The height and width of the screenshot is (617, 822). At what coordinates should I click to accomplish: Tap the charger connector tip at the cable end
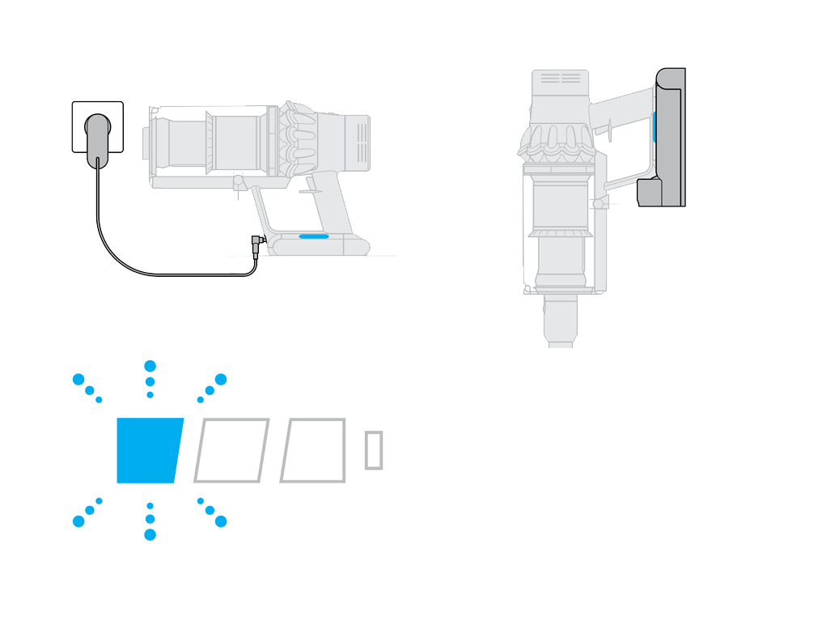click(x=256, y=241)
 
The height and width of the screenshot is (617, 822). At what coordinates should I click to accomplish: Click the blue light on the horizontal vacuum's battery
click(x=313, y=237)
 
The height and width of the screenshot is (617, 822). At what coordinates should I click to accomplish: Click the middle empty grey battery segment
click(x=231, y=451)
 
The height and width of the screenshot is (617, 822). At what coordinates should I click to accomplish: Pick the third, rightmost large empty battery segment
click(x=314, y=451)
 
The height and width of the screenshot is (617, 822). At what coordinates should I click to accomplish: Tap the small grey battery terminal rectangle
click(x=373, y=450)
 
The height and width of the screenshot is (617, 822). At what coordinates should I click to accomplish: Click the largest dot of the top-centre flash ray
click(x=150, y=367)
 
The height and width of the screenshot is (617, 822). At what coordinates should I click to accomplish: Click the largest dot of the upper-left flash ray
click(x=78, y=379)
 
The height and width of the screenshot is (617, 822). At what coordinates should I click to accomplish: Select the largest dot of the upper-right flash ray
click(x=221, y=379)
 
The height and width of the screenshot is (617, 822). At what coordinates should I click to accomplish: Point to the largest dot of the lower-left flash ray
click(x=78, y=521)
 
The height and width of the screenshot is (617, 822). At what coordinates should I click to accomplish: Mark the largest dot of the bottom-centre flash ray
click(x=150, y=534)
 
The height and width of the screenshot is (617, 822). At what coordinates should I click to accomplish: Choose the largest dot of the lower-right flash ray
click(x=221, y=521)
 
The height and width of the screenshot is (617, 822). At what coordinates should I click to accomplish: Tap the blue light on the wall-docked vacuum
click(x=654, y=128)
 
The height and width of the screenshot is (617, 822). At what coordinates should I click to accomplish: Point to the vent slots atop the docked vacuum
click(x=560, y=79)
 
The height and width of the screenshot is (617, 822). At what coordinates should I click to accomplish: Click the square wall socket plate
click(x=81, y=113)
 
